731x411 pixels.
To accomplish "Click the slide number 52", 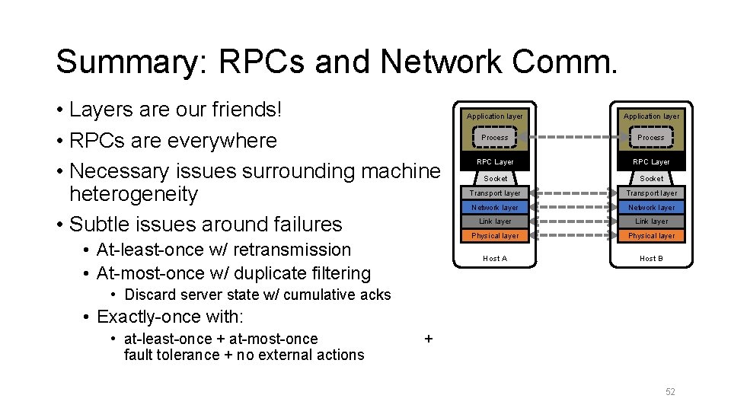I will tap(670, 392).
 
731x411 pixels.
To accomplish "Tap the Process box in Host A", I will tap(495, 138).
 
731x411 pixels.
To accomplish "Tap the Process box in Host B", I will tap(651, 138).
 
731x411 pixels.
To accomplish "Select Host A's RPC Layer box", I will tap(495, 162).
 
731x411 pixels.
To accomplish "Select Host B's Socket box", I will tap(651, 178).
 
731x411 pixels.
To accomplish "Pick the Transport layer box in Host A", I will tap(495, 193).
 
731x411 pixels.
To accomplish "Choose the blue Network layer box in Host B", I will tap(651, 207).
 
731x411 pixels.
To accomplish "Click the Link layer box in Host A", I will tap(495, 221).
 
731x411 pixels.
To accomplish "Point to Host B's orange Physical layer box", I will tap(651, 236).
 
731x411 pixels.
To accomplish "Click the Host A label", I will tap(495, 259).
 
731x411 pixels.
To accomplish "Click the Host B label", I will tap(651, 259).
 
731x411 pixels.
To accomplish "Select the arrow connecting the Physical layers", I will tap(573, 236).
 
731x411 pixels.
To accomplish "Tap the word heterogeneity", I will tap(133, 194).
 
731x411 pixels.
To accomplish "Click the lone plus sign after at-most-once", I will tap(428, 339).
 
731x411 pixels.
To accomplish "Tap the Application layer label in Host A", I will tap(495, 116).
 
